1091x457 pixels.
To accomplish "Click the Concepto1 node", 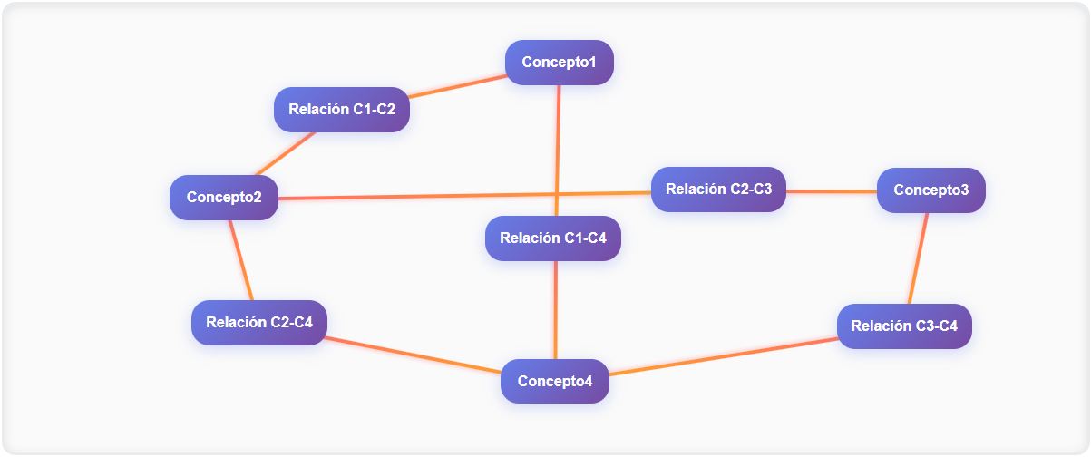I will [559, 63].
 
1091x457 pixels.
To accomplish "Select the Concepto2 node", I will [223, 197].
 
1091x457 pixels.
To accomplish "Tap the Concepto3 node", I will [930, 190].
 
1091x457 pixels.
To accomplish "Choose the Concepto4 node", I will [554, 381].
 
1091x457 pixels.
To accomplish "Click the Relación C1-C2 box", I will [341, 110].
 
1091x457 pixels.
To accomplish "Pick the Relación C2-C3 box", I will [718, 190].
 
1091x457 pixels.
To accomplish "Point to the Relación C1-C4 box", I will [552, 238].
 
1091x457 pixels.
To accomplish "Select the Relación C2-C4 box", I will [258, 322].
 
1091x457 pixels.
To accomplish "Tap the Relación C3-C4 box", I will [903, 326].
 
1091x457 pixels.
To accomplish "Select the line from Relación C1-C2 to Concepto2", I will [287, 153].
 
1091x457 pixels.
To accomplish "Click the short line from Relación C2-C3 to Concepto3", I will [831, 191].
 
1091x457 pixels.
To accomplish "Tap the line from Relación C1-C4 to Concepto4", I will [555, 308].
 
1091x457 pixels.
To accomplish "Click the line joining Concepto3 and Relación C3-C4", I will [918, 258].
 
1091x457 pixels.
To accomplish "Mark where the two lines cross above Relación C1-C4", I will [557, 194].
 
